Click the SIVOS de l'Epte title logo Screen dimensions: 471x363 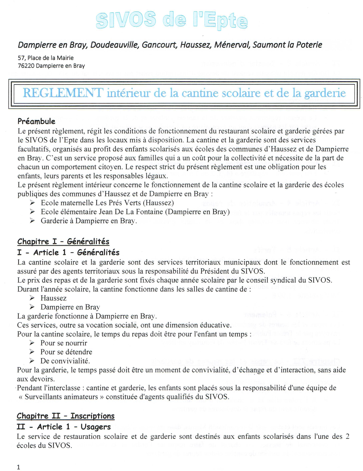(172, 20)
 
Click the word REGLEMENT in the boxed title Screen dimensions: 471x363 (63, 93)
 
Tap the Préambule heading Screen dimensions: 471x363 (36, 121)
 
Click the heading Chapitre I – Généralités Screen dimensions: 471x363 (63, 241)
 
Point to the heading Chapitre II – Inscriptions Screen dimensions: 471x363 (66, 416)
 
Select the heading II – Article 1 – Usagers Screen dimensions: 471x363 (64, 427)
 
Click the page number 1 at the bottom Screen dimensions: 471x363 (18, 467)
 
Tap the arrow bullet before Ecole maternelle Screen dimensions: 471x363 (32, 203)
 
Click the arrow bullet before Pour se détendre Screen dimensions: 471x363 (32, 352)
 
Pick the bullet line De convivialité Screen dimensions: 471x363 (65, 361)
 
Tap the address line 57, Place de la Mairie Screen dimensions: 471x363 (46, 58)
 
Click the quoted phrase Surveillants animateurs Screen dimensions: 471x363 (61, 397)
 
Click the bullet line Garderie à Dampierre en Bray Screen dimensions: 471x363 (89, 221)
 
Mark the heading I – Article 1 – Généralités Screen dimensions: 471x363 (68, 252)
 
